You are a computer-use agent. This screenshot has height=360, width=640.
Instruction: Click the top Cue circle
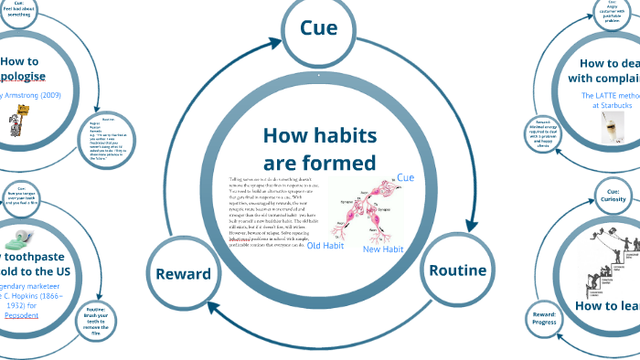click(x=318, y=28)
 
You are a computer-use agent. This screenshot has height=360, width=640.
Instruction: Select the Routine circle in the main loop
click(x=458, y=270)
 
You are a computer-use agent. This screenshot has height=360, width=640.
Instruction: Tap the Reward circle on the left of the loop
click(x=183, y=273)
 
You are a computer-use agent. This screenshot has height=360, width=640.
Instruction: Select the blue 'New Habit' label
click(x=383, y=249)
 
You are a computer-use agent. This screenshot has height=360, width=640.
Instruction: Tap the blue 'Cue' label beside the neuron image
click(x=406, y=176)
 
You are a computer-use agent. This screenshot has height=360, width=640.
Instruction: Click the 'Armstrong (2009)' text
click(x=35, y=95)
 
